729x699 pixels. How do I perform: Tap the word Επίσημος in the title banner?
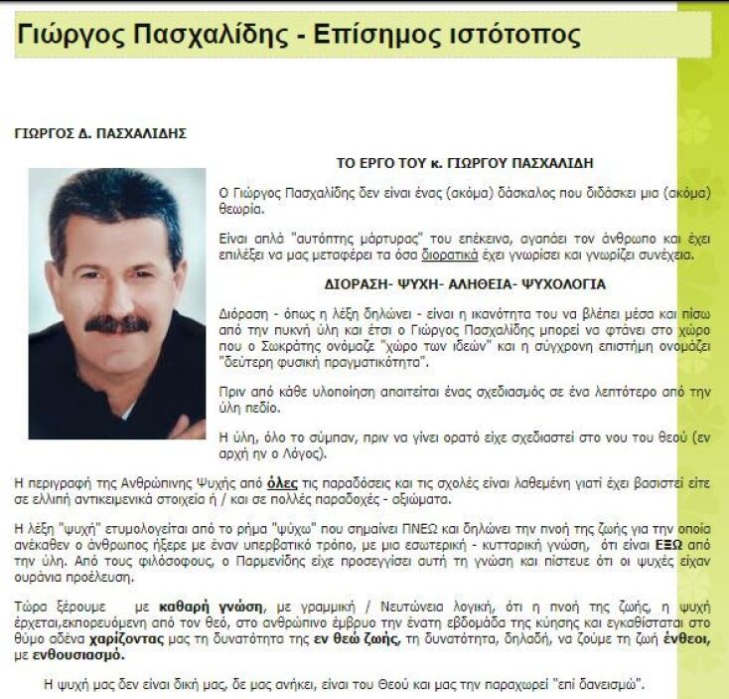(x=376, y=36)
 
